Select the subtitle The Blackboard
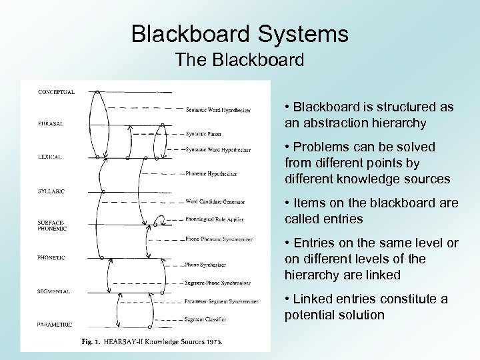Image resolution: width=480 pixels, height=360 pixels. (x=240, y=60)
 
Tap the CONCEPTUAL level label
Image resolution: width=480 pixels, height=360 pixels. (x=56, y=91)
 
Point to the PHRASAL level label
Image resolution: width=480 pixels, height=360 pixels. (x=50, y=123)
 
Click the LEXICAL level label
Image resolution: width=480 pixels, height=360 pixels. (x=49, y=157)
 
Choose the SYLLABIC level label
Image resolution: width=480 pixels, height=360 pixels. (x=51, y=191)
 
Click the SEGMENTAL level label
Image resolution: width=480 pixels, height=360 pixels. (x=53, y=291)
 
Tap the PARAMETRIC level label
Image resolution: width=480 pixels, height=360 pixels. (x=55, y=325)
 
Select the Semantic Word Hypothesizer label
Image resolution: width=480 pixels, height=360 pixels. (x=219, y=110)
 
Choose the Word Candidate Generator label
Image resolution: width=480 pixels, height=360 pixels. (x=215, y=202)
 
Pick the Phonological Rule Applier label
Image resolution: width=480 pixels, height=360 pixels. (x=215, y=219)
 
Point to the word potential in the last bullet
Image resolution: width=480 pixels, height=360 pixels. (x=311, y=314)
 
